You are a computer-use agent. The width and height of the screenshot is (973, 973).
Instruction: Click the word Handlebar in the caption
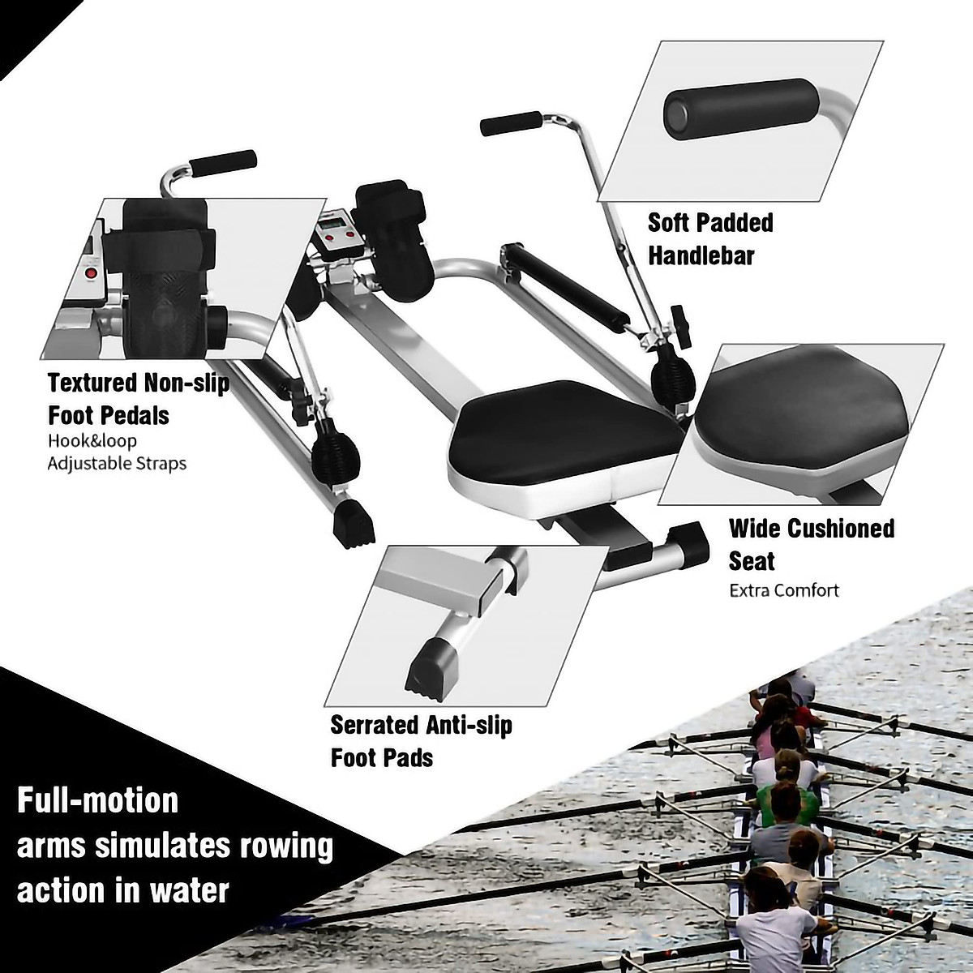click(x=701, y=256)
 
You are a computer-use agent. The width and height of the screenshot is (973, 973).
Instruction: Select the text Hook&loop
click(x=92, y=441)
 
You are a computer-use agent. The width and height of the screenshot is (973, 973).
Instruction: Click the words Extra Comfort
click(x=784, y=589)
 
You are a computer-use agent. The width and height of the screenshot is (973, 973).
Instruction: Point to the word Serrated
click(x=375, y=724)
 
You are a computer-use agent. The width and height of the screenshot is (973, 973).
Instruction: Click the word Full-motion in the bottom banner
click(x=98, y=800)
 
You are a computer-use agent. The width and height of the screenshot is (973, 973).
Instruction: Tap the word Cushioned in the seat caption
click(x=841, y=529)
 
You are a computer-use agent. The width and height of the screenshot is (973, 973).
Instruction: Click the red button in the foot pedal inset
click(x=91, y=273)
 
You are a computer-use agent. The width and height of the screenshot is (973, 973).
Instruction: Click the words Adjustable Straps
click(x=117, y=464)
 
